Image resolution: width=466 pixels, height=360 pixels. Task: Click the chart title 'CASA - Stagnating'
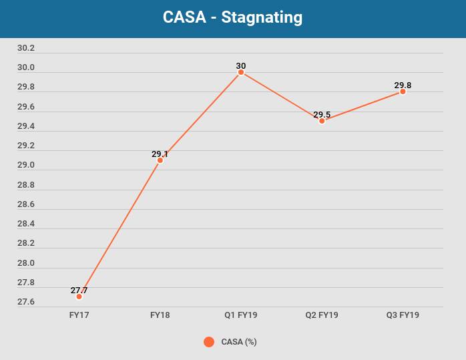pyautogui.click(x=232, y=17)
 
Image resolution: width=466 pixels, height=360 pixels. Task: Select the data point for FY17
pyautogui.click(x=79, y=297)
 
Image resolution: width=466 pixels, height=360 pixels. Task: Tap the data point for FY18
pyautogui.click(x=160, y=160)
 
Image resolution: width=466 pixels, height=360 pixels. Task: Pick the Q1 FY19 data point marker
pyautogui.click(x=241, y=72)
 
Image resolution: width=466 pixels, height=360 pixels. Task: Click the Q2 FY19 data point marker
pyautogui.click(x=322, y=121)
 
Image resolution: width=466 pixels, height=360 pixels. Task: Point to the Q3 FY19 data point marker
pyautogui.click(x=403, y=92)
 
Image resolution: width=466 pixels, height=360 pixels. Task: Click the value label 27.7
pyautogui.click(x=79, y=291)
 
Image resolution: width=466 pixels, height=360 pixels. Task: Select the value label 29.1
pyautogui.click(x=160, y=154)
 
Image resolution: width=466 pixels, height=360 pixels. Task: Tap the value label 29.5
pyautogui.click(x=322, y=115)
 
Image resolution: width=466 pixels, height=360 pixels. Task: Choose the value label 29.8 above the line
pyautogui.click(x=403, y=85)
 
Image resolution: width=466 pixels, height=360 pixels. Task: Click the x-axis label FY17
pyautogui.click(x=79, y=315)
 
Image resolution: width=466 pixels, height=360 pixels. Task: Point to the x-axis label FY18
pyautogui.click(x=160, y=315)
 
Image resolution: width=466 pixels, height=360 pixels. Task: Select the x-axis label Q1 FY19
pyautogui.click(x=241, y=315)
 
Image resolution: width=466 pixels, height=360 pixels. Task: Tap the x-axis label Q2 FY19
pyautogui.click(x=322, y=315)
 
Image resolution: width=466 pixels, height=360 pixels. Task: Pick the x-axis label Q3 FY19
pyautogui.click(x=403, y=315)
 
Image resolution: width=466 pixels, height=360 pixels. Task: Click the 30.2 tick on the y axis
pyautogui.click(x=26, y=48)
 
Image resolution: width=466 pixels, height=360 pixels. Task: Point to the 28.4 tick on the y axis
pyautogui.click(x=26, y=224)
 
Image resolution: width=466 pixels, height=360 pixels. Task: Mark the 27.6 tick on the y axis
pyautogui.click(x=26, y=302)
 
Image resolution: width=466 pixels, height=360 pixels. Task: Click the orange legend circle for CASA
pyautogui.click(x=209, y=342)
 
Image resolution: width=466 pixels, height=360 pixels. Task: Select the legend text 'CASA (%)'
pyautogui.click(x=239, y=342)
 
